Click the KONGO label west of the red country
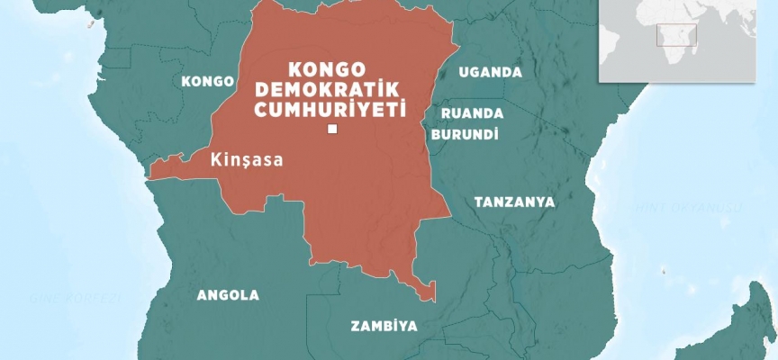coord(208,81)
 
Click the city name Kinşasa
coord(246,160)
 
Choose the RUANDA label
coord(472,113)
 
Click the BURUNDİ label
coord(465,133)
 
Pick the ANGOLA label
coord(228,295)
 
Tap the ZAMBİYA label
coord(384,327)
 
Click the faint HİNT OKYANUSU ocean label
coord(702,208)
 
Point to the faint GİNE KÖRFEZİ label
coord(63,297)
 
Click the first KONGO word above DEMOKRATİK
coord(329,70)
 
